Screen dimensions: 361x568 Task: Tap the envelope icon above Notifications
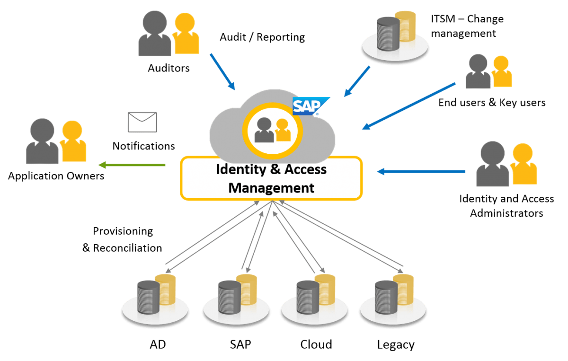click(142, 122)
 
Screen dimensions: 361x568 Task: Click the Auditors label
click(169, 68)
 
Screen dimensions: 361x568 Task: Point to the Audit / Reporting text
click(262, 37)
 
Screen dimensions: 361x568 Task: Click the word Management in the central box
click(271, 188)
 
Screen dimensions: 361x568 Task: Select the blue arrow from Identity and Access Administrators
click(421, 171)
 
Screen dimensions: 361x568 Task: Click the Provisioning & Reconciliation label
click(123, 239)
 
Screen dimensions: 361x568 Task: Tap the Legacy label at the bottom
click(396, 344)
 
